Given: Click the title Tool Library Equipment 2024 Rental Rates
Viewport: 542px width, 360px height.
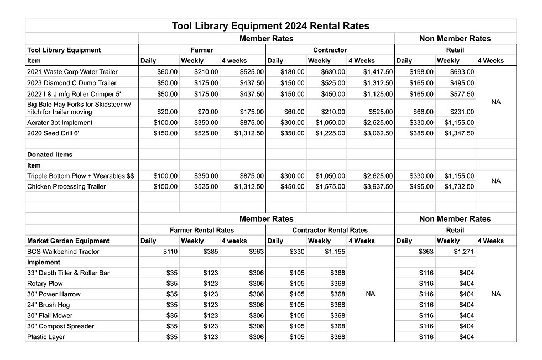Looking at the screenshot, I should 270,26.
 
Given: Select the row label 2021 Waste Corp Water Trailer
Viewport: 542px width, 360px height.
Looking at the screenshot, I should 72,72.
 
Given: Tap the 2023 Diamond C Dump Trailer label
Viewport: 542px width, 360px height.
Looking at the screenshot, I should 71,82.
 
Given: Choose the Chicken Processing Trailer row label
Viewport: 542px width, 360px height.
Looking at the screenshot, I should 66,187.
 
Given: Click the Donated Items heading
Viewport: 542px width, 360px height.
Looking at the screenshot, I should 50,155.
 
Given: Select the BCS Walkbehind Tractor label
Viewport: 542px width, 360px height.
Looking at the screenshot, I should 63,252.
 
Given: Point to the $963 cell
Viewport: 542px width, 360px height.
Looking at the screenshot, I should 256,252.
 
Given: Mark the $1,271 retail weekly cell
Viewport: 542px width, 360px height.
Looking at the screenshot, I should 463,252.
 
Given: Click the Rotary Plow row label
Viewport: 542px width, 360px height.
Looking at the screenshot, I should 45,284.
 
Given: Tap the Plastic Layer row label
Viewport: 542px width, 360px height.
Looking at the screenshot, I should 46,337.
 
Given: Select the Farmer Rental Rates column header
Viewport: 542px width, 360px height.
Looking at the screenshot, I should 201,230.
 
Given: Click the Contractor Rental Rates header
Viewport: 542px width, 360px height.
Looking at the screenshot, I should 330,230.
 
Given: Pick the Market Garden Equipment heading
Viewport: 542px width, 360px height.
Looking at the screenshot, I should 68,241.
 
